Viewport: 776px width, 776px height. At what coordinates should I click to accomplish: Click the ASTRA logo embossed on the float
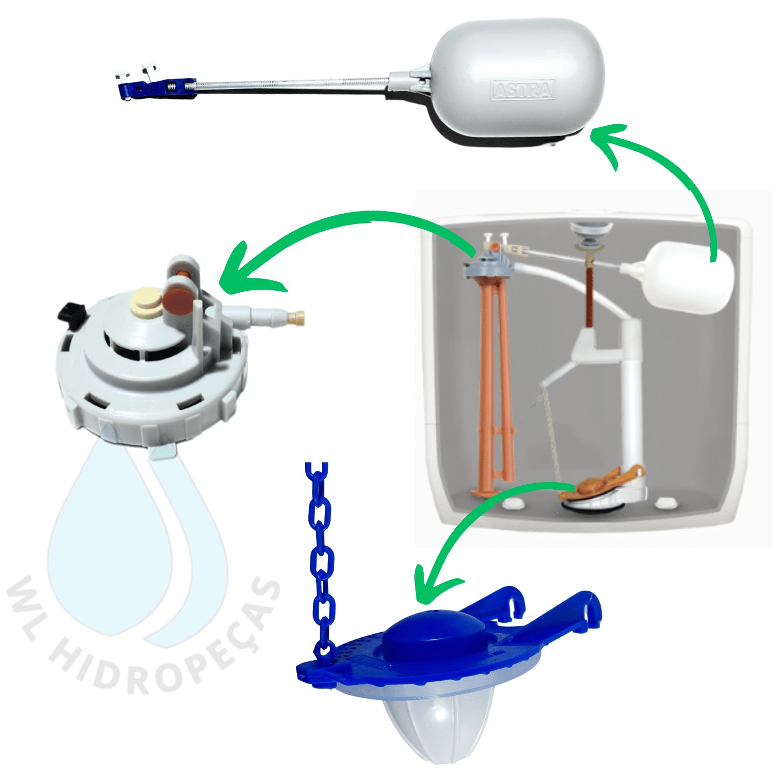tap(523, 90)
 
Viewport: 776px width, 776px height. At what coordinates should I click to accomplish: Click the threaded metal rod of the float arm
tap(290, 84)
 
